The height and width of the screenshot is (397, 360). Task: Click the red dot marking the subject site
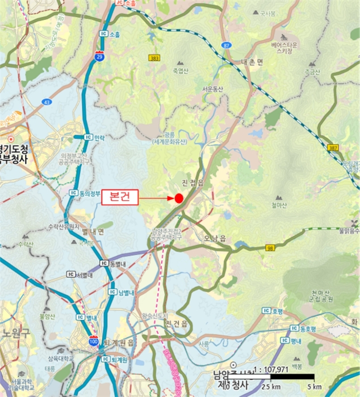tap(178, 198)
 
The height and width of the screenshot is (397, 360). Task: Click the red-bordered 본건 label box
tap(119, 198)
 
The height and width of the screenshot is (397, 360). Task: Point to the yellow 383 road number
tap(154, 58)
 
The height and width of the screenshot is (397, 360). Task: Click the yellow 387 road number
tap(333, 147)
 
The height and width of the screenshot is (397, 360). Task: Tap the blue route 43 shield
tap(47, 102)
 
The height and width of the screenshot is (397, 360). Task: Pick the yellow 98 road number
tap(269, 248)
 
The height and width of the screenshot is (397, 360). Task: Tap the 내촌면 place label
tap(252, 62)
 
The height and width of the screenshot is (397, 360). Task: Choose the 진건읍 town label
tap(177, 323)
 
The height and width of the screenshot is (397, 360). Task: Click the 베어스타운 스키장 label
tap(284, 47)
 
